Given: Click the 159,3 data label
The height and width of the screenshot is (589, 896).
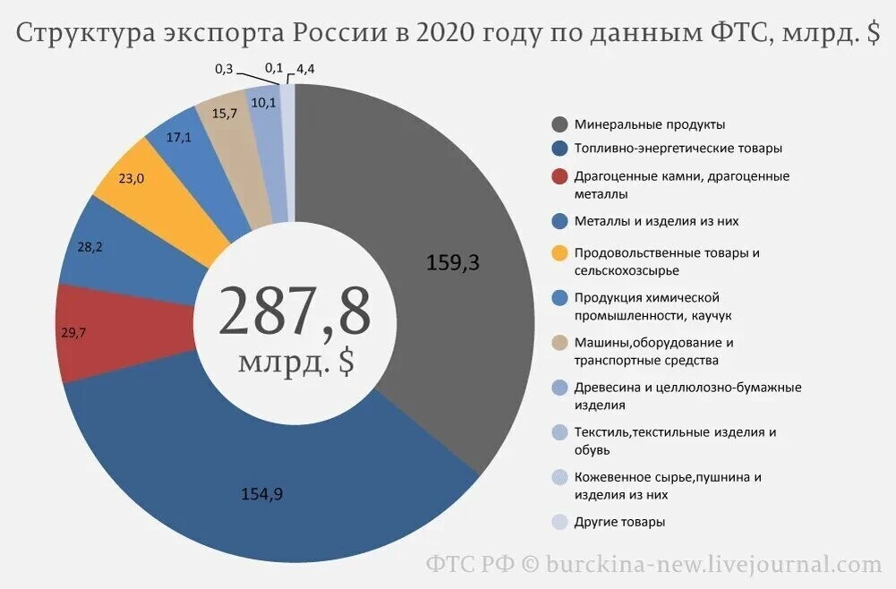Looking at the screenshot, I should pyautogui.click(x=454, y=263).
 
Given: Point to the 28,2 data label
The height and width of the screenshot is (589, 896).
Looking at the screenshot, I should pyautogui.click(x=90, y=246).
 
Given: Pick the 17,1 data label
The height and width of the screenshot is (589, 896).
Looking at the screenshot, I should pyautogui.click(x=179, y=137).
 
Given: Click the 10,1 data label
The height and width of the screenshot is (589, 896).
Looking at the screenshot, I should pyautogui.click(x=264, y=102).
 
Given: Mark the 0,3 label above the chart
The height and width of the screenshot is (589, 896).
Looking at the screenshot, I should pyautogui.click(x=225, y=67).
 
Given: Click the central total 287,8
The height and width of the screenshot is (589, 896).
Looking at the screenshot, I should pyautogui.click(x=294, y=312).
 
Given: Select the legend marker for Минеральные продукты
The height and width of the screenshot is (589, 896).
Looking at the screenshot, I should pyautogui.click(x=560, y=124).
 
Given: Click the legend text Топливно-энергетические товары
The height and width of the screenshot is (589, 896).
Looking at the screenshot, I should pyautogui.click(x=667, y=148).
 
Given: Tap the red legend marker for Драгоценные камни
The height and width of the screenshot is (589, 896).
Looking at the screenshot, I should pyautogui.click(x=560, y=176).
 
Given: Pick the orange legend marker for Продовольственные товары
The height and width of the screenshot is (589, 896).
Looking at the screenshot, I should pyautogui.click(x=560, y=253).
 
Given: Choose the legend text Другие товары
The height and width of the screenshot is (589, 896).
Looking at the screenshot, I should pyautogui.click(x=620, y=522).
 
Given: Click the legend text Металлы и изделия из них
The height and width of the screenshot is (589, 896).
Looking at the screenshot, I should pyautogui.click(x=657, y=220).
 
